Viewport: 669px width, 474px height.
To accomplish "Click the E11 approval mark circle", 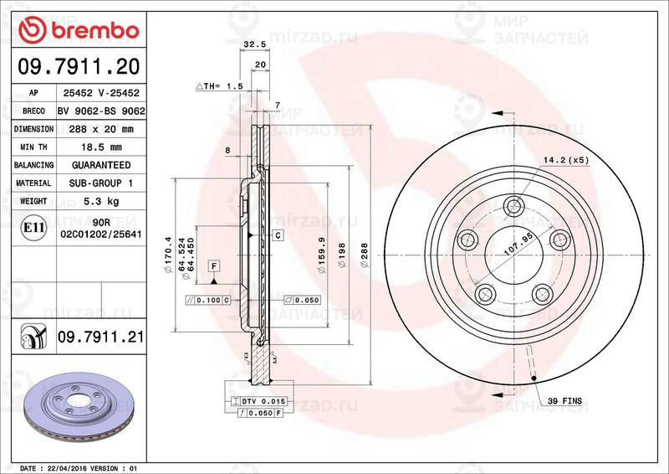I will click(33, 227).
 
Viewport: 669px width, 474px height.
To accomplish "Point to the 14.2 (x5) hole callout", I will click(567, 159).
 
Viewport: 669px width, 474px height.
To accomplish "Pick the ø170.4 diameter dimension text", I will click(168, 252).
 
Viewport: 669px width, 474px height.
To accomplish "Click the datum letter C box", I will click(277, 235).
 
